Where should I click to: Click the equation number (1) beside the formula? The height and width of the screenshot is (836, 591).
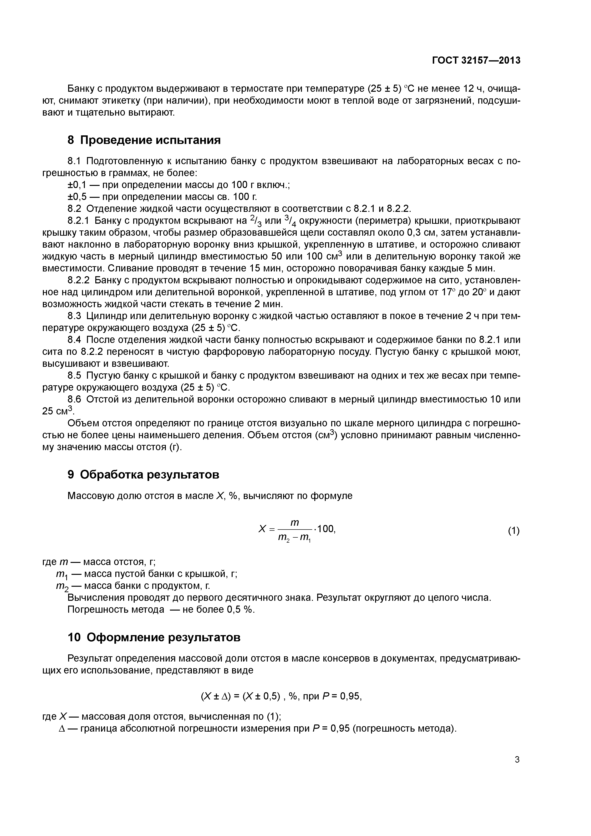[514, 531]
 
